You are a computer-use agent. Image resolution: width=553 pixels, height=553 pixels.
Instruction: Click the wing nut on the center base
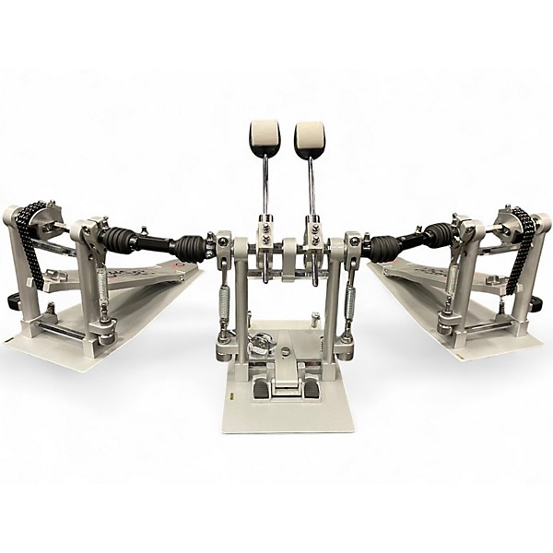click(x=261, y=342)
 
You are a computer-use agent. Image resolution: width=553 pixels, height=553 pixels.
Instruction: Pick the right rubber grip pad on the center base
click(x=312, y=390)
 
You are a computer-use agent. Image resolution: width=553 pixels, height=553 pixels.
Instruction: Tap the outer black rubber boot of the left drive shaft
click(x=120, y=241)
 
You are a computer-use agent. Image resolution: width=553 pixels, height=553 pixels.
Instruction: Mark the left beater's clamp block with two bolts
click(x=265, y=224)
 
